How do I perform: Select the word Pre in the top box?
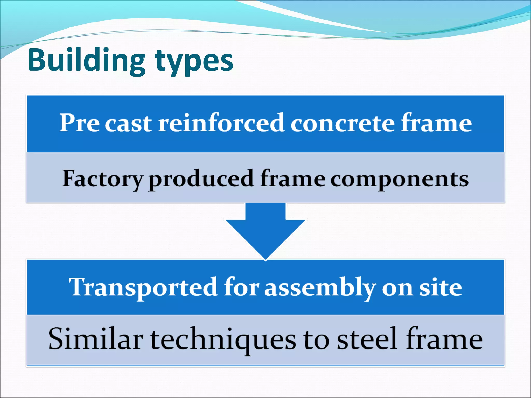tap(79, 123)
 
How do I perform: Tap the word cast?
tap(128, 124)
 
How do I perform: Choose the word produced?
tap(201, 179)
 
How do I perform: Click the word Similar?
tap(96, 339)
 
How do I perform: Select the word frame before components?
tap(293, 179)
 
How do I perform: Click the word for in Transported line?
tap(241, 287)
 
